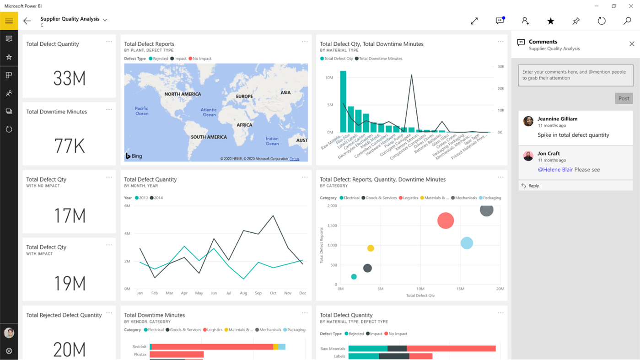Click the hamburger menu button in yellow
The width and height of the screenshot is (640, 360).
9,21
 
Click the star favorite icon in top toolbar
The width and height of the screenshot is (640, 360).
550,21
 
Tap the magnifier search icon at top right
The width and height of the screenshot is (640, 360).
627,21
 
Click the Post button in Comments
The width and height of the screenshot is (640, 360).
624,98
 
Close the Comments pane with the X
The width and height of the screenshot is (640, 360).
632,44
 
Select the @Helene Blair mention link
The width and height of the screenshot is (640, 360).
555,170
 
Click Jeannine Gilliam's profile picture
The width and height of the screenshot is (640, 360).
528,121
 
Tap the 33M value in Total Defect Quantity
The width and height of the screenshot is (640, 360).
69,79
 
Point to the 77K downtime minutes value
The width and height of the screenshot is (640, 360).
69,146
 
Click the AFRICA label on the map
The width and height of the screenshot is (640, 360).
244,125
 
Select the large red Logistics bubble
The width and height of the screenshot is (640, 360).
445,220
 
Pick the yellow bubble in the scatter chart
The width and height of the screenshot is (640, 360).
371,248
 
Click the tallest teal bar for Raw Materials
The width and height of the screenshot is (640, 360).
343,102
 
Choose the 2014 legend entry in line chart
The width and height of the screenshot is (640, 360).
157,198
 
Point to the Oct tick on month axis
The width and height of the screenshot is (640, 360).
273,293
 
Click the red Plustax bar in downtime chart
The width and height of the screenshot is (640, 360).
177,355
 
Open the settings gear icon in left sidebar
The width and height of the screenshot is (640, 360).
9,351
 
